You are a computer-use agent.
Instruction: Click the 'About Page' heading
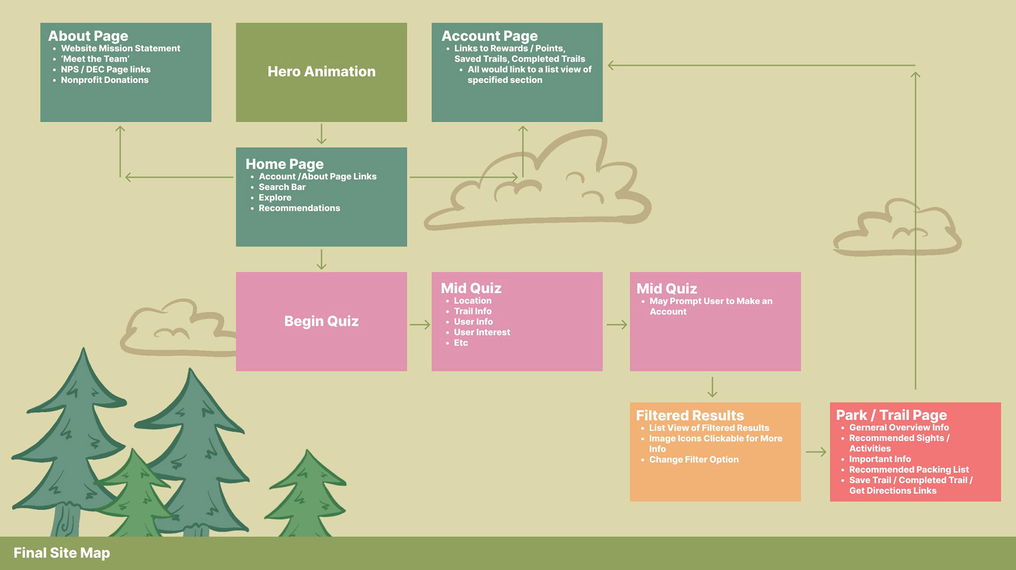(88, 36)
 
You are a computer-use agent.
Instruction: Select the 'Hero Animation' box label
(321, 71)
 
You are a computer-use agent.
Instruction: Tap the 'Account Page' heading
(489, 36)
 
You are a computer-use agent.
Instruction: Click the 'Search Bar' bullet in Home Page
(282, 187)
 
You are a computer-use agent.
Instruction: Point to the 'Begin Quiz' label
(321, 321)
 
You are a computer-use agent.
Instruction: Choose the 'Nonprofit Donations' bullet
(104, 80)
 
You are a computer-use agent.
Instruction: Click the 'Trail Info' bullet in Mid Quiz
(473, 311)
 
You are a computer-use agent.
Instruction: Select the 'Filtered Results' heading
(690, 415)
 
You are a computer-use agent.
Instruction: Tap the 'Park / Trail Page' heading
(891, 415)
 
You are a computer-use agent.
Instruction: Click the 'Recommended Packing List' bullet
(909, 469)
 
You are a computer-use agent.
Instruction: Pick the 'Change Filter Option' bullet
(694, 459)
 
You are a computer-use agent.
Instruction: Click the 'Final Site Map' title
(61, 553)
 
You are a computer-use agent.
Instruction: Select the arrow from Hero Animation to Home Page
(321, 134)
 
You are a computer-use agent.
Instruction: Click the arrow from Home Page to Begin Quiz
(321, 259)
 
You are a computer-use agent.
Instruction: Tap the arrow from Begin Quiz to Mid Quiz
(420, 324)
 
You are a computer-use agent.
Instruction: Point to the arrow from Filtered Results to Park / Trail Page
(816, 451)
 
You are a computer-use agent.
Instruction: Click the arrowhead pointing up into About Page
(120, 129)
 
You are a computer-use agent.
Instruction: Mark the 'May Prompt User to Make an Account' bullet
(711, 306)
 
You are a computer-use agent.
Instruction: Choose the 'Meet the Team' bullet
(95, 59)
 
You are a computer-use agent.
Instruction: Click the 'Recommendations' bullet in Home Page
(299, 208)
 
